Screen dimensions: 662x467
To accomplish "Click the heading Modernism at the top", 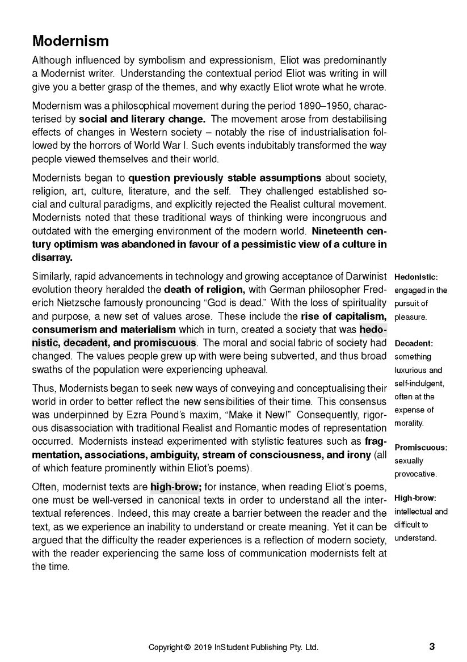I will click(70, 41).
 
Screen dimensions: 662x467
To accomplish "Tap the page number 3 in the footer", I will click(432, 646).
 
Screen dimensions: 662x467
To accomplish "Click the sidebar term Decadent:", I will click(414, 343).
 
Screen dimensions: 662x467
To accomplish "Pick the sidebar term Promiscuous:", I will click(420, 447).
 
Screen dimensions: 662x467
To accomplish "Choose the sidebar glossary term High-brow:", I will click(415, 498).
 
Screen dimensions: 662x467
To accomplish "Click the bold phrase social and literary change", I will click(142, 119).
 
